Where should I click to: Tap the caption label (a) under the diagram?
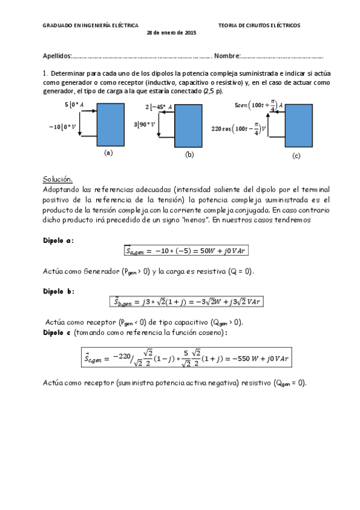point(108,153)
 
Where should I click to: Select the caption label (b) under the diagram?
point(189,155)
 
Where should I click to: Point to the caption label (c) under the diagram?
point(296,156)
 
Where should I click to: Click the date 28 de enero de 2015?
point(171,32)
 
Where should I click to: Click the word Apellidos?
point(56,56)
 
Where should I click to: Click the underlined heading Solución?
point(58,179)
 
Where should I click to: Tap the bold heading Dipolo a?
point(58,240)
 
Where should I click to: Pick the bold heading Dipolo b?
point(58,290)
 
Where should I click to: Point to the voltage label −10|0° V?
point(63,127)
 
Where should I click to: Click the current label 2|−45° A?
point(159,107)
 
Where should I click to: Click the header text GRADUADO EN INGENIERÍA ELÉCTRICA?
point(90,26)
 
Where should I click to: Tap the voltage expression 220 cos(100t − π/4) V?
point(239,128)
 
